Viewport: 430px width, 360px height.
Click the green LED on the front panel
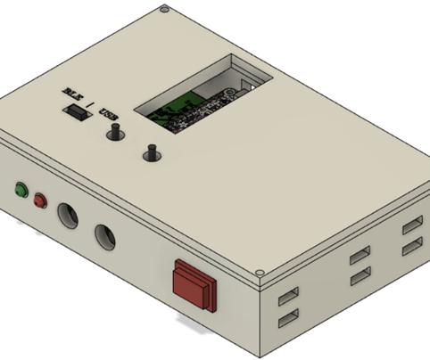20,189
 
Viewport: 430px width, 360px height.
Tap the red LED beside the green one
39,200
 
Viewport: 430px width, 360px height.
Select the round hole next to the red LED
68,216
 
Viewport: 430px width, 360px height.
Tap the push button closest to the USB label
115,135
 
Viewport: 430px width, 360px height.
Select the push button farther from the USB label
151,154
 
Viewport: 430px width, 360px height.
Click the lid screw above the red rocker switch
260,272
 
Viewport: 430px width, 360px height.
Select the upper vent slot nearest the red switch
288,297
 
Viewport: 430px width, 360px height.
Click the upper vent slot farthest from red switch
411,224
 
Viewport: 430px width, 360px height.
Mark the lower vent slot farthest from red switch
411,244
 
